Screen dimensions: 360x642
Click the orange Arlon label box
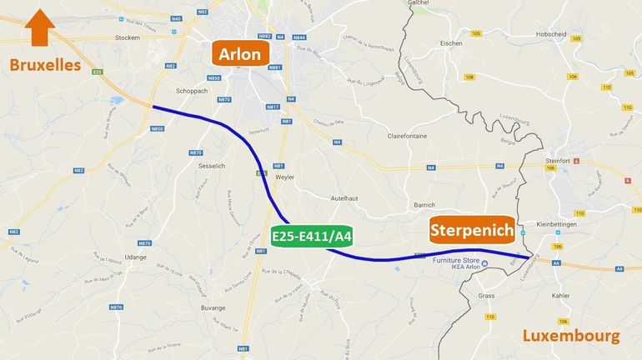[x=240, y=55]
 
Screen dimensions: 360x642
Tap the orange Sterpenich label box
[x=471, y=232]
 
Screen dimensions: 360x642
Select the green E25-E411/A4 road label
[x=313, y=237]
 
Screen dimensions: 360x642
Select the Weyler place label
[x=286, y=178]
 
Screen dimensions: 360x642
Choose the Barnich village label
[x=424, y=204]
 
